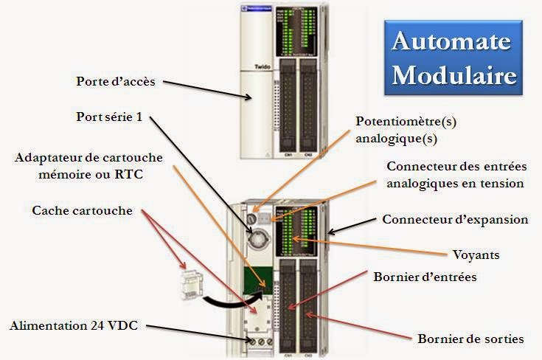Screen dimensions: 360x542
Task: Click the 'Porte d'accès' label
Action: [116, 81]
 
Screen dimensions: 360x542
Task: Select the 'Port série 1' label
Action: [111, 117]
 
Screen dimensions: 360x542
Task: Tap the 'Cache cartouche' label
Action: [83, 211]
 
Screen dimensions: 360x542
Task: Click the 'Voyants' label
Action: [476, 255]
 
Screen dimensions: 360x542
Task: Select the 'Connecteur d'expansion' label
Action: [455, 220]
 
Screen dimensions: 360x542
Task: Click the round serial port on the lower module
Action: [260, 239]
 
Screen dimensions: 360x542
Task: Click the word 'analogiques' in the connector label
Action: [422, 183]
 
